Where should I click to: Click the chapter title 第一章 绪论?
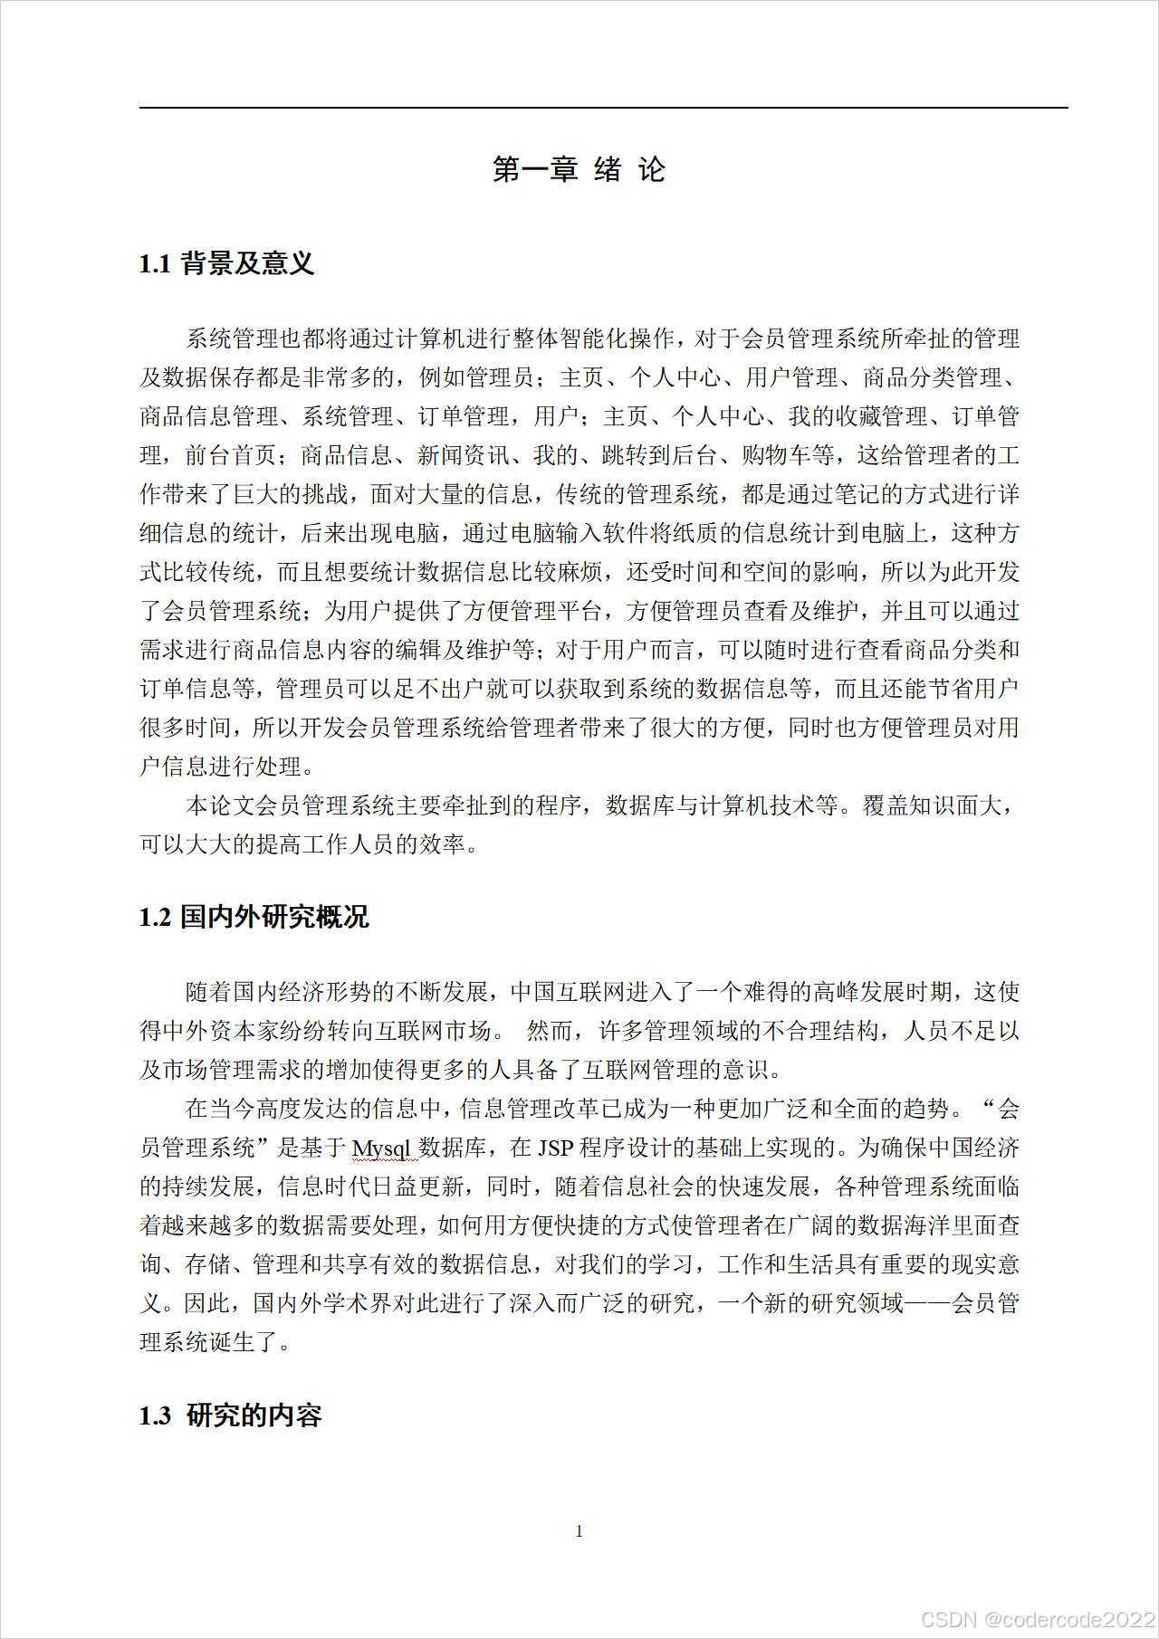pos(579,169)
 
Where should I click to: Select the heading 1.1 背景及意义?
pos(226,263)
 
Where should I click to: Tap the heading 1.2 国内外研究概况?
pos(254,917)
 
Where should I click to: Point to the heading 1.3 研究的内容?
pos(230,1415)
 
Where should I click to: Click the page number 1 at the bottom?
pos(579,1531)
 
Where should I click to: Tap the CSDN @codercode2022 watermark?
pos(1038,1619)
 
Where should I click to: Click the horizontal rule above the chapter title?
pos(603,108)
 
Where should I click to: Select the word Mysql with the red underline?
pos(381,1148)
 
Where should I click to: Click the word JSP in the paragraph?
pos(555,1148)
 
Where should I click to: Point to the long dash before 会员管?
pos(927,1303)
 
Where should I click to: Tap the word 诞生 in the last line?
pos(233,1342)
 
